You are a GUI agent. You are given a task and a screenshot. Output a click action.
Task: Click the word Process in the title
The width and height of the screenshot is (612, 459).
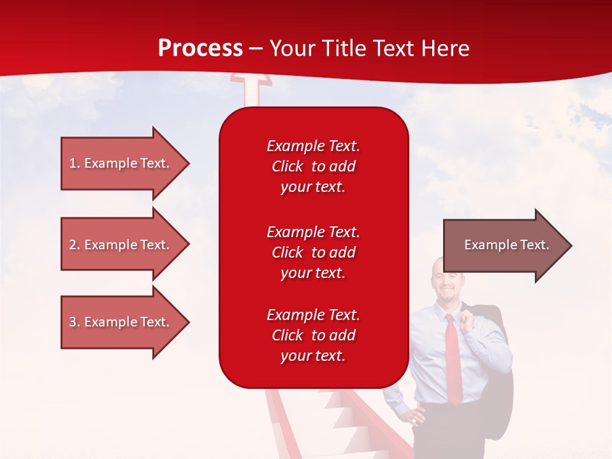[200, 48]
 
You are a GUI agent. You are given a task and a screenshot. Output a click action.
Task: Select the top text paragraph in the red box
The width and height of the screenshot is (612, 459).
[313, 166]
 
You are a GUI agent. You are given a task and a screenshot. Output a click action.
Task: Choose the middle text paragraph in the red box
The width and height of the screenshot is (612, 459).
[313, 252]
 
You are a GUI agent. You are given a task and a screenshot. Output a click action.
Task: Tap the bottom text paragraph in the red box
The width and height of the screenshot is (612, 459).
[313, 335]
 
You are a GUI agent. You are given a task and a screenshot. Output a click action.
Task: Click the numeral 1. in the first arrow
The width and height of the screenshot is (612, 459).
[75, 163]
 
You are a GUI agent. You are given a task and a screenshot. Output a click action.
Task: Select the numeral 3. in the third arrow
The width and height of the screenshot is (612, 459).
[75, 322]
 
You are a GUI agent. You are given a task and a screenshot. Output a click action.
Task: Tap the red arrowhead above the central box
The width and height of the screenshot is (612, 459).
[251, 80]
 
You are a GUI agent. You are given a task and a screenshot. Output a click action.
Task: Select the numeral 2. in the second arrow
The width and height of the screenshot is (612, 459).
[75, 245]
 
